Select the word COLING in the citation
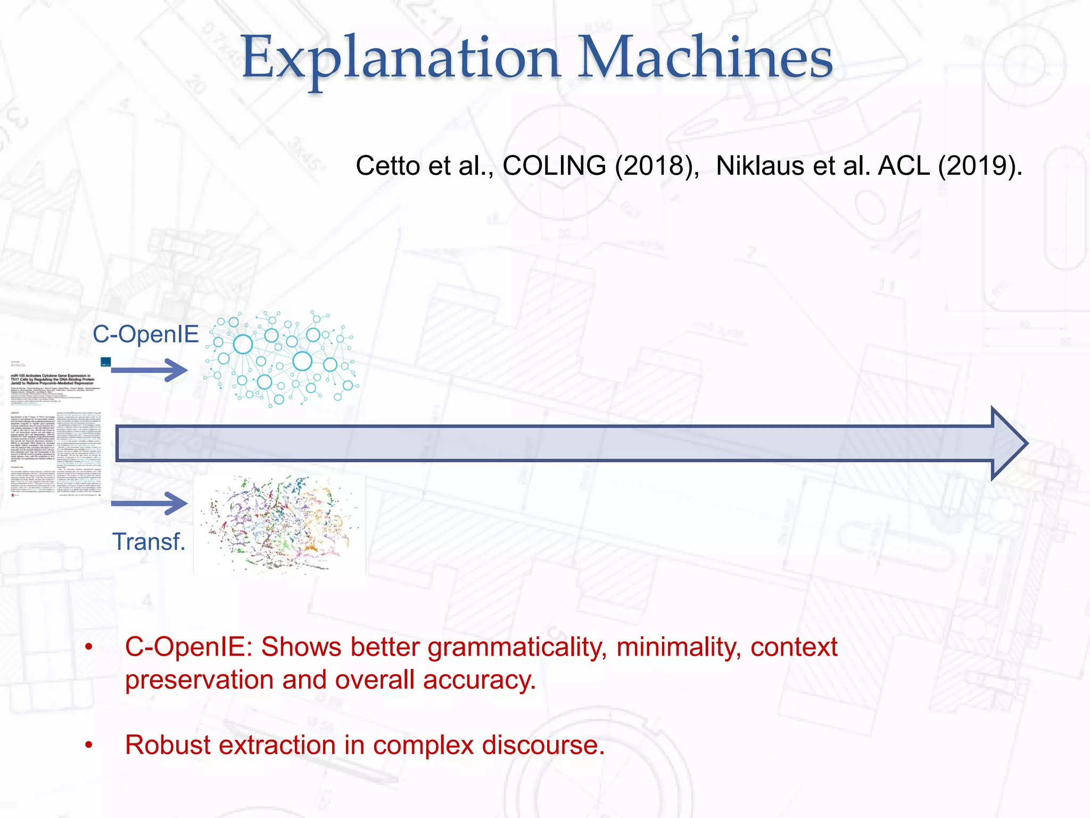[x=554, y=166]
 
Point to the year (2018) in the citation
[x=656, y=166]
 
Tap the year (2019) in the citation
[x=978, y=166]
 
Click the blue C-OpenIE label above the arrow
[x=145, y=334]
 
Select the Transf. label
[x=148, y=542]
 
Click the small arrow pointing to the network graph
[x=150, y=370]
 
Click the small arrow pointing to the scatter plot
[x=150, y=503]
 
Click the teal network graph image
[x=282, y=359]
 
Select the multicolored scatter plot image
[x=279, y=525]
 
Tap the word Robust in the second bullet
[x=168, y=745]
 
